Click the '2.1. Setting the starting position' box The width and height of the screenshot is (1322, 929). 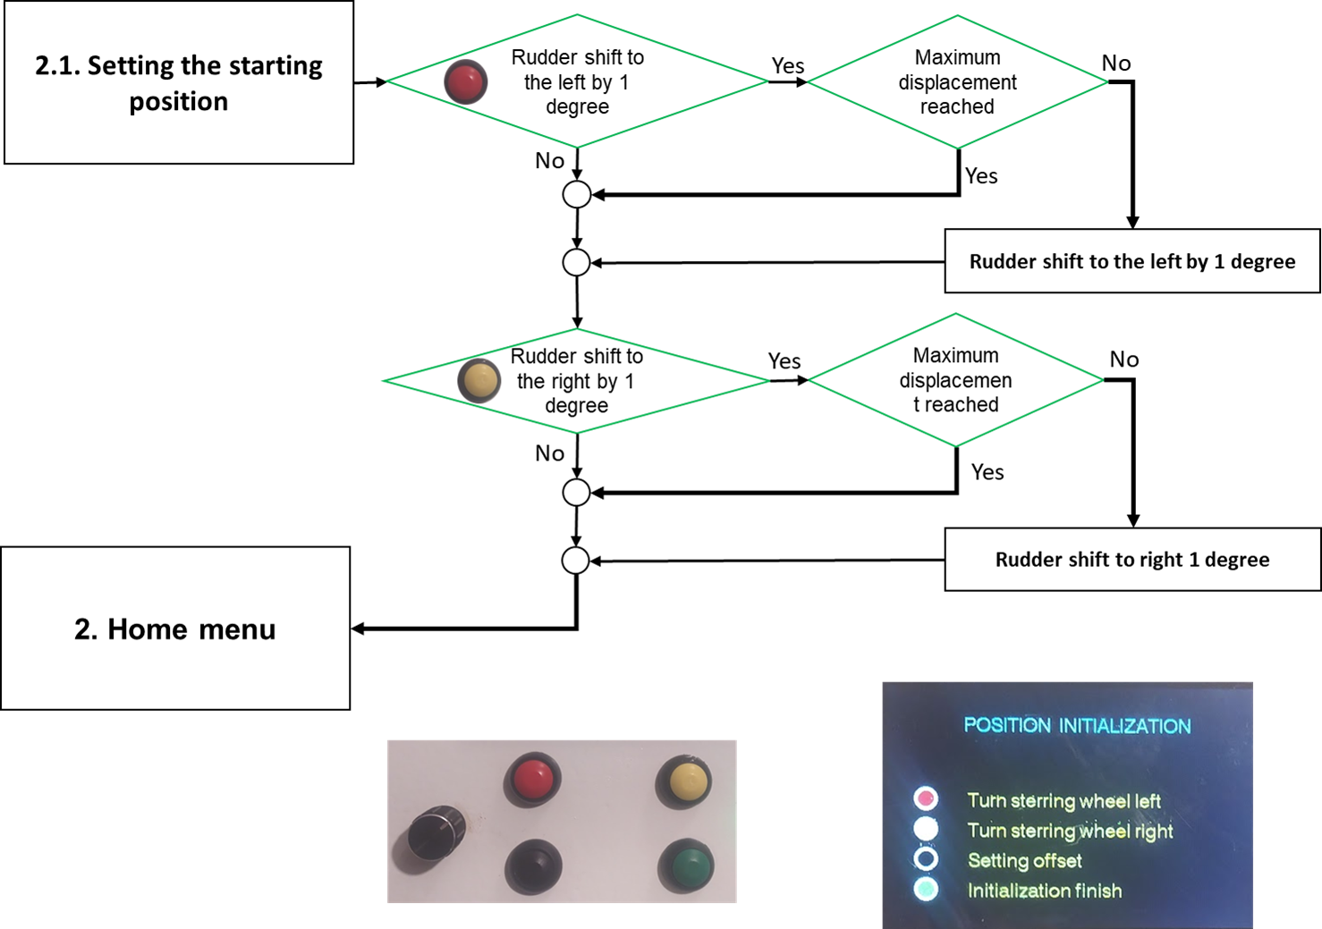pyautogui.click(x=179, y=82)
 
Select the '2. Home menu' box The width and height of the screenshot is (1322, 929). pyautogui.click(x=175, y=629)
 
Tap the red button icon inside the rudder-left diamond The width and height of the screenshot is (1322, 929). pyautogui.click(x=465, y=82)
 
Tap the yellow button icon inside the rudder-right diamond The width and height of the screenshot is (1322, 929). pyautogui.click(x=479, y=380)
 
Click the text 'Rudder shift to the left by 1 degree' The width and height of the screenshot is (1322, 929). pyautogui.click(x=578, y=82)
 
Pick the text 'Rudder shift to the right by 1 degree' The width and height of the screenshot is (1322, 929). pyautogui.click(x=577, y=381)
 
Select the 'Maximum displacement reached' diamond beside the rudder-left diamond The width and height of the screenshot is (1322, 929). pyautogui.click(x=957, y=82)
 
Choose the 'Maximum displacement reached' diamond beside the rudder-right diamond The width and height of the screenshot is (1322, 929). pyautogui.click(x=955, y=380)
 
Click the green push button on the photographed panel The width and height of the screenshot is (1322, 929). pyautogui.click(x=685, y=866)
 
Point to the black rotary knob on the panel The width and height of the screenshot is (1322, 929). pyautogui.click(x=436, y=832)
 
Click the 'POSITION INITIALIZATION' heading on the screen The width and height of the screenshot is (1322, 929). pyautogui.click(x=1077, y=726)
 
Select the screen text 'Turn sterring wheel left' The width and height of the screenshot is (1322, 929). pyautogui.click(x=1064, y=801)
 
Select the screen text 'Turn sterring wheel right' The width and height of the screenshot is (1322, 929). pyautogui.click(x=1070, y=831)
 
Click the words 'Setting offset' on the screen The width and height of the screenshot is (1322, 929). pyautogui.click(x=1024, y=861)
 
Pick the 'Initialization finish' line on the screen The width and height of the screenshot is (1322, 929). pyautogui.click(x=1044, y=891)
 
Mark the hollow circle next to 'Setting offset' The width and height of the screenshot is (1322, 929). pyautogui.click(x=926, y=859)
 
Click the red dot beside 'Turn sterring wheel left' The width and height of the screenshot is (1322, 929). pyautogui.click(x=926, y=798)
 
